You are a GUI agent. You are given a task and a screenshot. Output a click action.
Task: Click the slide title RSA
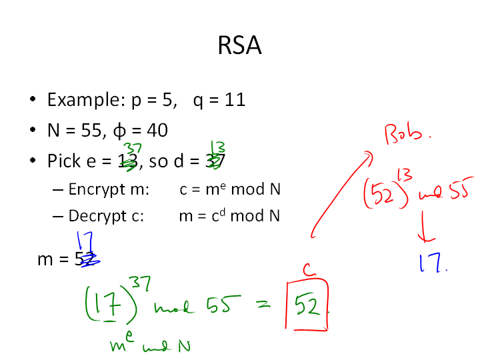[x=239, y=47]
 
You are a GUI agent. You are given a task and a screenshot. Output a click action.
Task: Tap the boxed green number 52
[x=307, y=306]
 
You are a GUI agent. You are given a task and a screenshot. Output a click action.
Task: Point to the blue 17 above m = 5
[x=85, y=240]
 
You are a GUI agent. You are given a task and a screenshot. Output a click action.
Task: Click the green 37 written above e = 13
[x=131, y=148]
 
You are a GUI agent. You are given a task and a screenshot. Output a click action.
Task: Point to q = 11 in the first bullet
[x=219, y=100]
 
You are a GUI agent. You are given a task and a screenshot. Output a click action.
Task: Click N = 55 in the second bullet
[x=71, y=130]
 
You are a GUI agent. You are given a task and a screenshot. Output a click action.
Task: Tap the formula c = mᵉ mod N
[x=230, y=189]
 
